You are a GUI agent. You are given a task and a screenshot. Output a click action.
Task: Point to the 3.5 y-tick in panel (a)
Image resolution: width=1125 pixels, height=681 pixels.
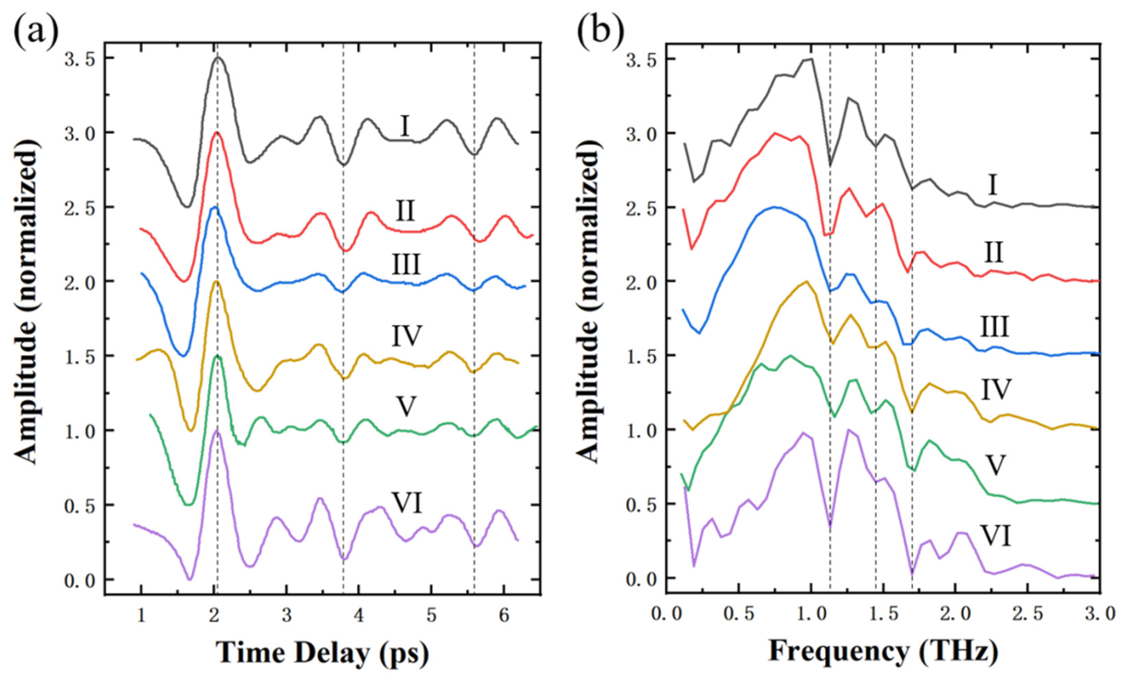(83, 59)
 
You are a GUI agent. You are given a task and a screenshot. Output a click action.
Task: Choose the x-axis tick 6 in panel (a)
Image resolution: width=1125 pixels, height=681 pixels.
(503, 616)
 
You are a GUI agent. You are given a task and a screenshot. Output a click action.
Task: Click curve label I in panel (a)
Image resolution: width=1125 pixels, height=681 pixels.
(404, 127)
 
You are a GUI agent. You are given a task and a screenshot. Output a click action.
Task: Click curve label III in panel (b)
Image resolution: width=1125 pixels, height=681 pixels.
(995, 327)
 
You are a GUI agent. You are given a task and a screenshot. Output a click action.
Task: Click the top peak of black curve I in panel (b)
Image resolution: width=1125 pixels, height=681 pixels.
(811, 59)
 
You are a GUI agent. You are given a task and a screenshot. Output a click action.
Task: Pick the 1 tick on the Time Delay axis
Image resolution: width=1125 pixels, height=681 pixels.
(141, 616)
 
